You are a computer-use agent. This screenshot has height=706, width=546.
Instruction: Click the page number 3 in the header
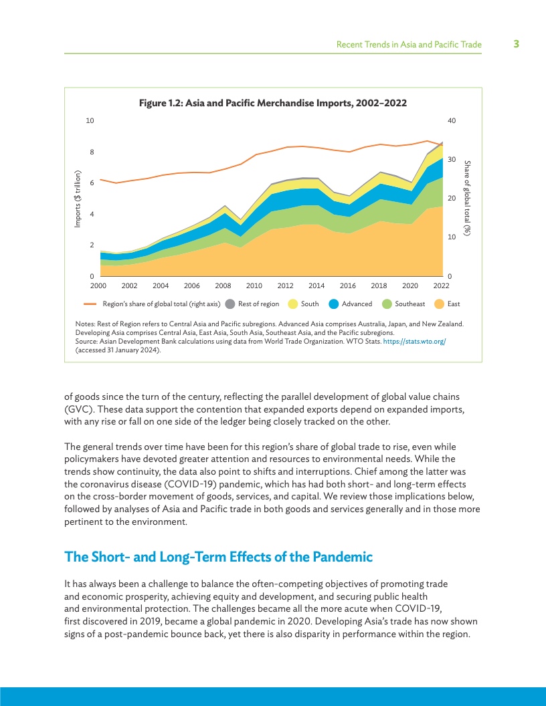[x=516, y=44]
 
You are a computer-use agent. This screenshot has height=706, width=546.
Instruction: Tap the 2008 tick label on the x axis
[x=223, y=285]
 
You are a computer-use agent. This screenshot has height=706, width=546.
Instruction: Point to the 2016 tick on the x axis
[x=347, y=285]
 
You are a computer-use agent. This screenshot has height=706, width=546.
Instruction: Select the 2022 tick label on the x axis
[x=440, y=285]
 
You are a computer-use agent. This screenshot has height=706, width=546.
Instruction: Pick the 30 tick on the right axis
[x=452, y=160]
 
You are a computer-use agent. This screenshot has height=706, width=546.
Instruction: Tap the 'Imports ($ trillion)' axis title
[x=78, y=199]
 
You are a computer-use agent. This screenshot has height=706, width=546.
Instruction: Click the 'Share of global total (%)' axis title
[x=468, y=199]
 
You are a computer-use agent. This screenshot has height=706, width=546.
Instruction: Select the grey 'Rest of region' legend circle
[x=230, y=304]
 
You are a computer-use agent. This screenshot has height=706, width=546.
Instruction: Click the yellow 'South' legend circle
[x=293, y=304]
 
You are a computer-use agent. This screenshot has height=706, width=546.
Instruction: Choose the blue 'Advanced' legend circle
[x=334, y=304]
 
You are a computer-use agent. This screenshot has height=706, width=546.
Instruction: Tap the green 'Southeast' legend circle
[x=387, y=304]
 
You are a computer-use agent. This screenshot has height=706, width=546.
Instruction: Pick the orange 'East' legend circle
[x=439, y=304]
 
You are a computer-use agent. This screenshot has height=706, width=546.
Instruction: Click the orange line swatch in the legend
[x=92, y=304]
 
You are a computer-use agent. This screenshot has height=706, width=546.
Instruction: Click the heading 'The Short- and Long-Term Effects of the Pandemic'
[x=218, y=557]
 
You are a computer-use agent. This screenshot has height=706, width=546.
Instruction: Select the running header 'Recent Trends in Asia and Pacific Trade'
[x=409, y=45]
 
